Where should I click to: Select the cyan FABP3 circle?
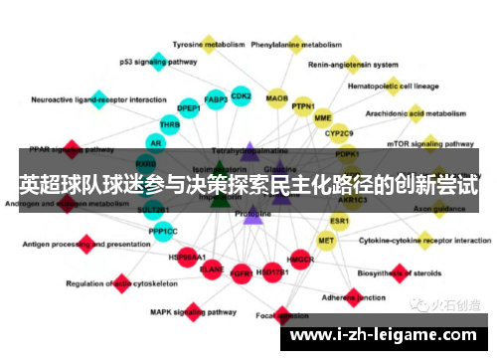click(215, 99)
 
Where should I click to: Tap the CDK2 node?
click(241, 95)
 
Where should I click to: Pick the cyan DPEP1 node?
click(188, 106)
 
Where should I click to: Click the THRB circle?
click(170, 124)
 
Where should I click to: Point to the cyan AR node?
click(156, 143)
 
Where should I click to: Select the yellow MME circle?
click(323, 118)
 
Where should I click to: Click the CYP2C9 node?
click(339, 133)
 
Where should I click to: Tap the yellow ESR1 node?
click(339, 220)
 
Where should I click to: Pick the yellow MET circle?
click(326, 240)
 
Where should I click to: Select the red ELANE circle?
click(212, 269)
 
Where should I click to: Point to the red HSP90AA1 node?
click(188, 257)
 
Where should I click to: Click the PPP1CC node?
click(163, 231)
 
